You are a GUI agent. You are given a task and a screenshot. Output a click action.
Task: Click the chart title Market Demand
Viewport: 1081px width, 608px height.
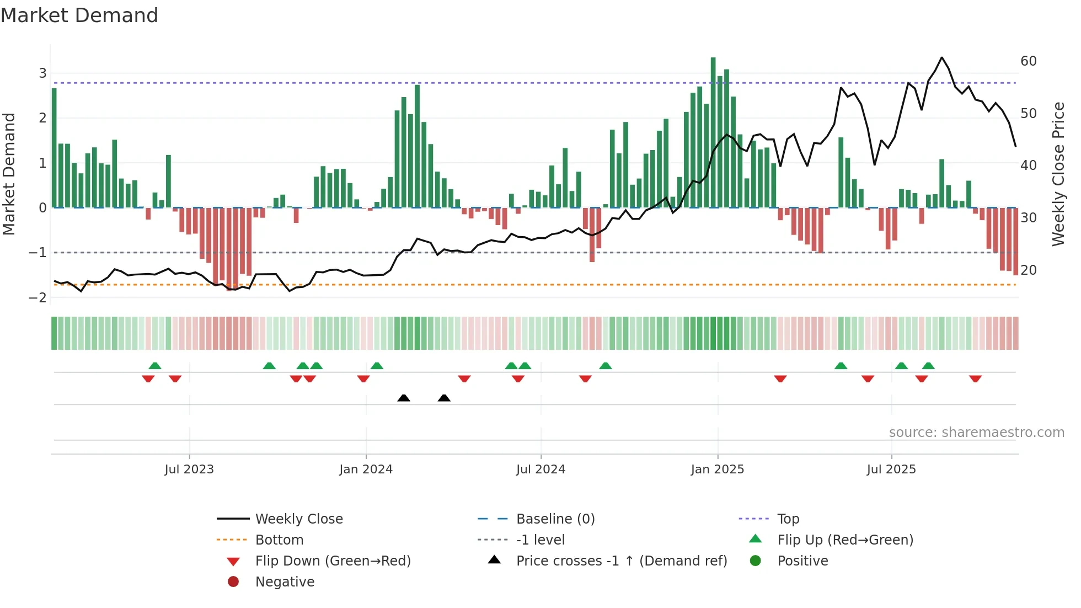coord(79,15)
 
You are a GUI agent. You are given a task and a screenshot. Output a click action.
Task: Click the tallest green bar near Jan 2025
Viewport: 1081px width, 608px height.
coord(713,132)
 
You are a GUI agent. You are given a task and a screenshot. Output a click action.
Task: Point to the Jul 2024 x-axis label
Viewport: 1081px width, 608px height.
coord(540,470)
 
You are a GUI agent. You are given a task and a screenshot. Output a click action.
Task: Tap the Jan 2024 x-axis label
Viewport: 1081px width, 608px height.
coord(366,470)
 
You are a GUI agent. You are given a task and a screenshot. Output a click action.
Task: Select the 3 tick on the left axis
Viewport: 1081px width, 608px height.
coord(42,73)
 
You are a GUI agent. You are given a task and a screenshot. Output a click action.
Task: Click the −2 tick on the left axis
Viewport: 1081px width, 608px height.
coord(38,297)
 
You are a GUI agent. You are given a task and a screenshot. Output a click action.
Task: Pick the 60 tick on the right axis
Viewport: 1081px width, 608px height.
coord(1029,61)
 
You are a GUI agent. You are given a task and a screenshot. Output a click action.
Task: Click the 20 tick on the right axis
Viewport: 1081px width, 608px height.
coord(1029,270)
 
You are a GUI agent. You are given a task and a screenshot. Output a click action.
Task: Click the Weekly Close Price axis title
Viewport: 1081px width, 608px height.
coord(1058,174)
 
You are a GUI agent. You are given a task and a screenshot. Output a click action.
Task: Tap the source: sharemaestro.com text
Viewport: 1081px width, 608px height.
coord(976,432)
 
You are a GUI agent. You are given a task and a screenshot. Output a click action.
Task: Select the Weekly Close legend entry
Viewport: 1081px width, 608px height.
coord(298,519)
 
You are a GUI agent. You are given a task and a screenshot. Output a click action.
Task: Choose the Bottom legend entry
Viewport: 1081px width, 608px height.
coord(279,540)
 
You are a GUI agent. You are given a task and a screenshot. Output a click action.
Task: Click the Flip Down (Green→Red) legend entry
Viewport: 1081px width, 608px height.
coord(333,561)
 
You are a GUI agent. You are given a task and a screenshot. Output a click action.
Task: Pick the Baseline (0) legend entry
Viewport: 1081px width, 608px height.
coord(555,519)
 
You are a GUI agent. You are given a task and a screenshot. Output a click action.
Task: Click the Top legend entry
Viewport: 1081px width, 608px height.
coord(788,519)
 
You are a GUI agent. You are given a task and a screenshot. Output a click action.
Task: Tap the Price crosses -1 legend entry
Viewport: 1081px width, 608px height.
coord(621,561)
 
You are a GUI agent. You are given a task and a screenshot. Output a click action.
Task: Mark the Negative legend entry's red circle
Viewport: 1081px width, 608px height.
coord(233,582)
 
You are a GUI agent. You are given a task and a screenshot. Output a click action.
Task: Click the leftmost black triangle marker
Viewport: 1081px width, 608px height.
coord(404,398)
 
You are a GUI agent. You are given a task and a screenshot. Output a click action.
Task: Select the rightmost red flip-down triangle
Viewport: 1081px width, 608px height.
coord(975,378)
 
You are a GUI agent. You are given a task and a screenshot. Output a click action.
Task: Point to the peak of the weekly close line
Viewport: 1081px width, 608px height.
coord(942,57)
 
